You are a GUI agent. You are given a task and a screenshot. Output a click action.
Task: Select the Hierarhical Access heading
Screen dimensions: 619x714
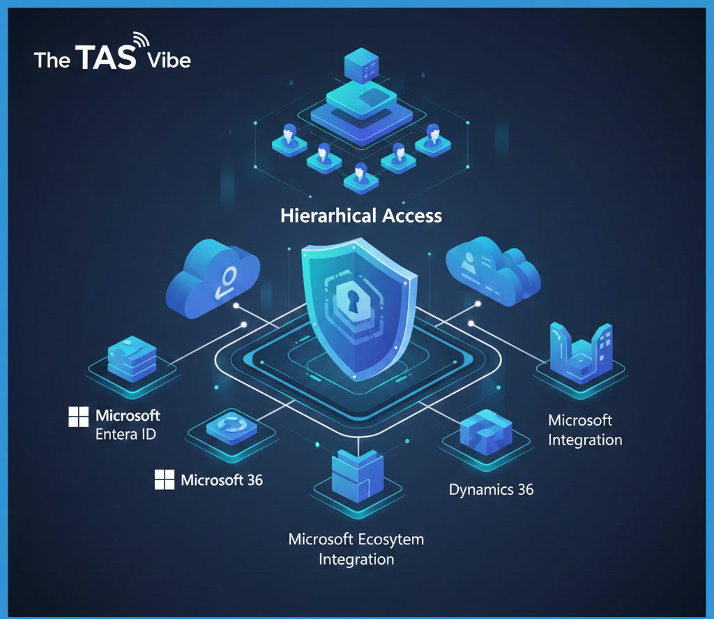[x=361, y=215]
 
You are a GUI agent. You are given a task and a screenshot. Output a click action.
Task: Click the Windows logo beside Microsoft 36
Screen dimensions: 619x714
[x=164, y=479]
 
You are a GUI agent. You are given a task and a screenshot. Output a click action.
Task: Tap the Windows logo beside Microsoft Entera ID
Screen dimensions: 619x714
[x=78, y=417]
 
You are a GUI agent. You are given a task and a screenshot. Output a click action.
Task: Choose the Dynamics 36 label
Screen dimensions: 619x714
[x=491, y=489]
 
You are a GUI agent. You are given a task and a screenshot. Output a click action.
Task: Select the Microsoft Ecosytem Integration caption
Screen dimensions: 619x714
[x=356, y=549]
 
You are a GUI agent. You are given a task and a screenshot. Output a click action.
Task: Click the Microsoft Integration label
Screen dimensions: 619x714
[x=584, y=430]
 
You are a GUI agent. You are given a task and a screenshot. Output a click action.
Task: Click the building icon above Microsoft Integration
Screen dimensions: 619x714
[x=580, y=352]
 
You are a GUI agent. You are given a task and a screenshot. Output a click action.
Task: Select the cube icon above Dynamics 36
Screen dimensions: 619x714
[x=486, y=431]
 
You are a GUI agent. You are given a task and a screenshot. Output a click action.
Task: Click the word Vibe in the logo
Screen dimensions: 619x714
[x=169, y=60]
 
